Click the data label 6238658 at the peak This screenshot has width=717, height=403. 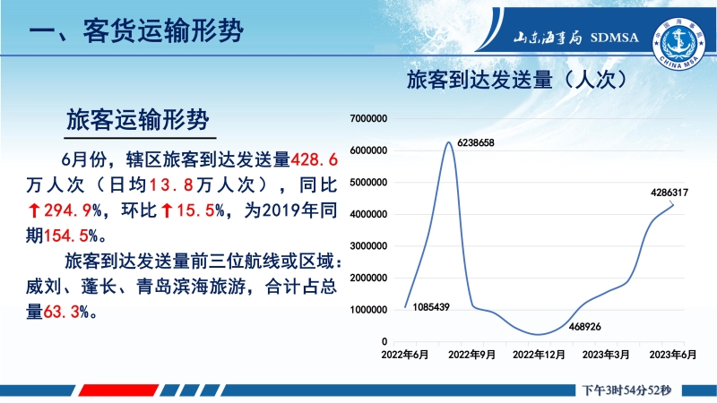pyautogui.click(x=476, y=143)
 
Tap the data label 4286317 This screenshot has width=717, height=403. pyautogui.click(x=669, y=193)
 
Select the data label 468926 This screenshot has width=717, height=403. pyautogui.click(x=585, y=327)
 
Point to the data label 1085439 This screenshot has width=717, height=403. pyautogui.click(x=431, y=307)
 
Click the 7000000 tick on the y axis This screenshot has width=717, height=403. pyautogui.click(x=368, y=119)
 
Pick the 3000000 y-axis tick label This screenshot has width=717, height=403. pyautogui.click(x=368, y=246)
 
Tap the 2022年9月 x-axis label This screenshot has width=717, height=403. pyautogui.click(x=472, y=355)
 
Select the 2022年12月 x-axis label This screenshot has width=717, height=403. pyautogui.click(x=539, y=355)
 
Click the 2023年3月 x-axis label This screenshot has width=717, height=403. pyautogui.click(x=606, y=355)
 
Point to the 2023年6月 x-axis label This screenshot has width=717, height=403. pyautogui.click(x=673, y=355)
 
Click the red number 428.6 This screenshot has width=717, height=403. pyautogui.click(x=315, y=159)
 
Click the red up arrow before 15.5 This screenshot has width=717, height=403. pyautogui.click(x=168, y=210)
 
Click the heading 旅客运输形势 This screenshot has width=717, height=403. pyautogui.click(x=138, y=120)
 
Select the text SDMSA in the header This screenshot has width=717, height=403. pyautogui.click(x=614, y=38)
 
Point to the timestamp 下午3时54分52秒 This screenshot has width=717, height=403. pyautogui.click(x=626, y=390)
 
